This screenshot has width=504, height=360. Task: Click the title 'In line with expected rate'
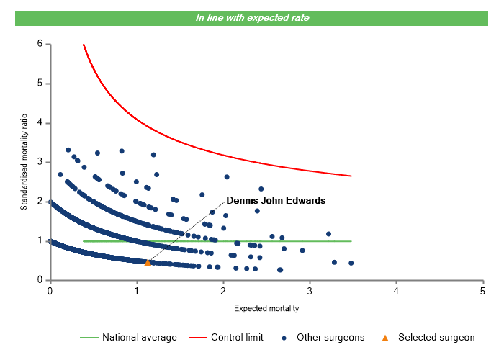(252, 17)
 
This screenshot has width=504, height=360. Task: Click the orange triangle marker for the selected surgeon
(148, 262)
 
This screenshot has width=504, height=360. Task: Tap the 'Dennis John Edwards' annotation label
(276, 200)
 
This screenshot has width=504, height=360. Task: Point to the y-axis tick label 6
(40, 44)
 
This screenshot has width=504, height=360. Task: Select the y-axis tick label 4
(40, 123)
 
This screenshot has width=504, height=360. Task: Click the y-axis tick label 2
(40, 202)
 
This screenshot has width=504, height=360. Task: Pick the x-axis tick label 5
(482, 291)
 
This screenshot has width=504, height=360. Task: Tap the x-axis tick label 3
(310, 291)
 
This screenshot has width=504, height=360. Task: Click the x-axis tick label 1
(136, 291)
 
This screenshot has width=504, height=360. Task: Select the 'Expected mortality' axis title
(266, 308)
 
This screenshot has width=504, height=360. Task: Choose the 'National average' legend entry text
(139, 337)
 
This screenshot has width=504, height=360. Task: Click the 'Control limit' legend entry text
(237, 337)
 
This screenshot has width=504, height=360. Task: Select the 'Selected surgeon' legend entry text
(436, 337)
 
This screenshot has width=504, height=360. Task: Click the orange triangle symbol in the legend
(385, 337)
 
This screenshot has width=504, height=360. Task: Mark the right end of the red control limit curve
(351, 176)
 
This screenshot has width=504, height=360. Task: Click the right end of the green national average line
(351, 241)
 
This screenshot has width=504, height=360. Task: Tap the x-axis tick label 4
(396, 291)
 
